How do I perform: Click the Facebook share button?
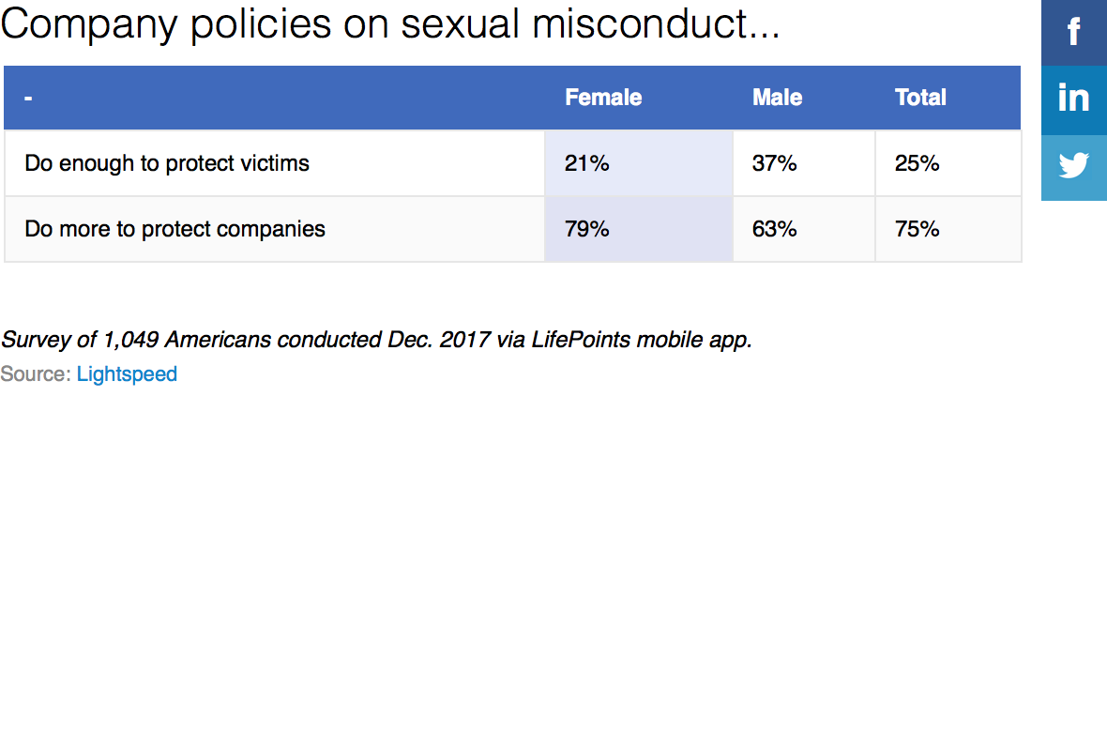coord(1074,33)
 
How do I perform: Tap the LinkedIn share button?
coord(1074,99)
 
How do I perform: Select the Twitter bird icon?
coord(1074,166)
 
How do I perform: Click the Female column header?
coord(603,98)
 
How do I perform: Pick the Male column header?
coord(777,98)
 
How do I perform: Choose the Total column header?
coord(920,98)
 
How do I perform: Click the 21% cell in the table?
coord(587,163)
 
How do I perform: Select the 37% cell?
coord(774,163)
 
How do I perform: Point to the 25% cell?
coord(917,163)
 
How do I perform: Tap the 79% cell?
coord(587,229)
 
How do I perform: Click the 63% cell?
coord(774,229)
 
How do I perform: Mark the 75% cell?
coord(917,229)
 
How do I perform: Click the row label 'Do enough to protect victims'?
coord(167,163)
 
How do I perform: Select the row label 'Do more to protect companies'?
coord(175,229)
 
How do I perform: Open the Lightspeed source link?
coord(127,374)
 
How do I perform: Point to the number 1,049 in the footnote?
coord(131,340)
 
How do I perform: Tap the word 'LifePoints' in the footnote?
coord(581,340)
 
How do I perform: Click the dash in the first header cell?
coord(28,98)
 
